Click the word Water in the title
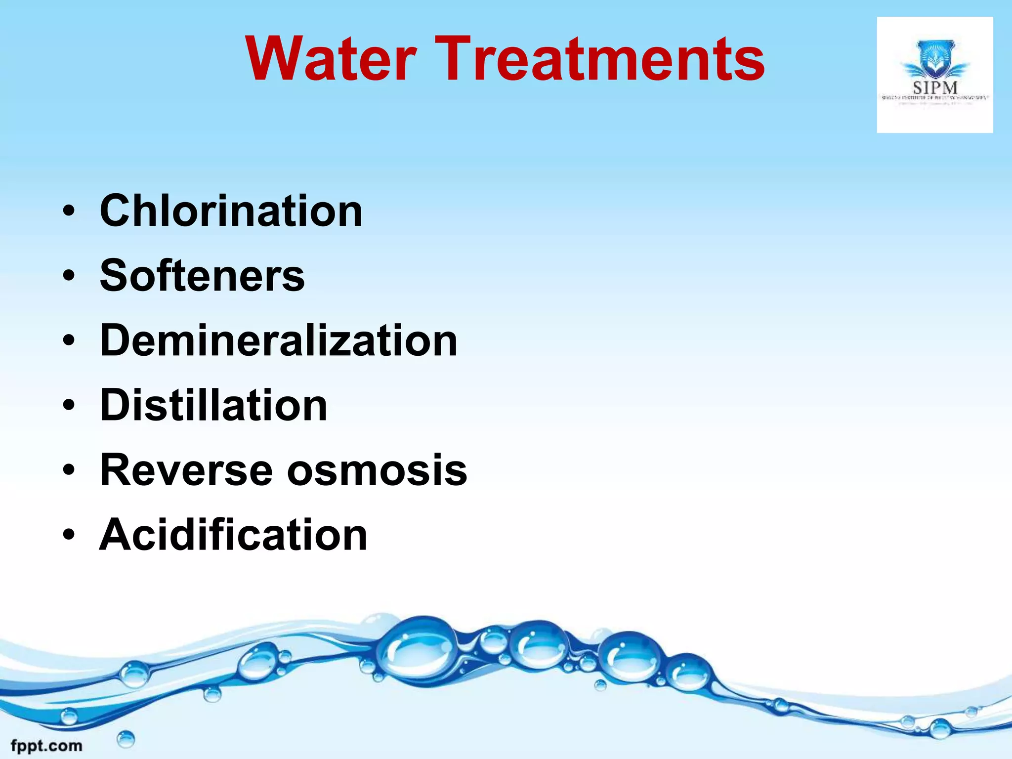331,59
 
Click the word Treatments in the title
599,59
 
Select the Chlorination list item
231,211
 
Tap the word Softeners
202,276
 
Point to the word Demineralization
279,340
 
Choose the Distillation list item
213,405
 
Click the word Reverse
186,470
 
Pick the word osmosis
377,470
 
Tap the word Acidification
233,535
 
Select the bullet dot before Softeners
69,276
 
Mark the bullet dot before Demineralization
69,341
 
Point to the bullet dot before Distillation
69,406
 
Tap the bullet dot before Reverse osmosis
69,470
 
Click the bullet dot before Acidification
69,535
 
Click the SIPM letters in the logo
935,88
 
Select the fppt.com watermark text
46,746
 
